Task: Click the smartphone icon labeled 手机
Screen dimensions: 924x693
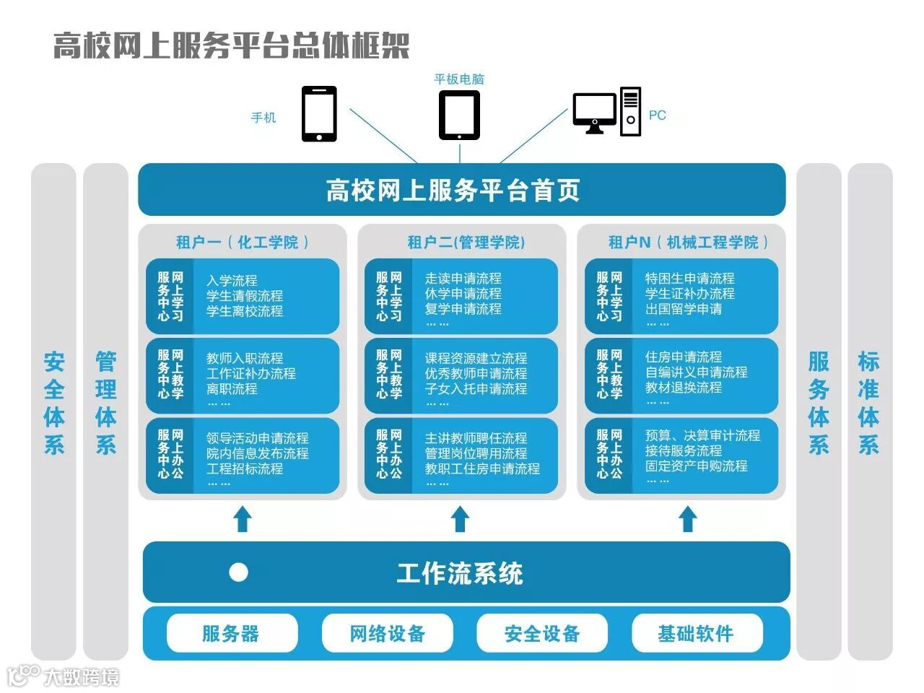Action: tap(318, 114)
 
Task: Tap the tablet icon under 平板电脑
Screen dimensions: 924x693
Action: tap(459, 115)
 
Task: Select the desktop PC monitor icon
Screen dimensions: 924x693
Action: tap(594, 111)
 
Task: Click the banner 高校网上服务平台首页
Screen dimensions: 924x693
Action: tap(461, 190)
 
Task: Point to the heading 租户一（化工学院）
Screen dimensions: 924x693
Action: tap(243, 242)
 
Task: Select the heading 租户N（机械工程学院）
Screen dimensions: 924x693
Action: tap(688, 242)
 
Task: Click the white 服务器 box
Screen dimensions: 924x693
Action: tap(232, 633)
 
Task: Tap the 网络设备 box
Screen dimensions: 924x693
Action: tap(387, 633)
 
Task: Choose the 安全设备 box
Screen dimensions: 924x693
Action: tap(542, 633)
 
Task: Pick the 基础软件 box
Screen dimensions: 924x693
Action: tap(696, 633)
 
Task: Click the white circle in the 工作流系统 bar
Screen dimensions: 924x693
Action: tap(238, 572)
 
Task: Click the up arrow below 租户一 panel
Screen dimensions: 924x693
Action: tap(243, 519)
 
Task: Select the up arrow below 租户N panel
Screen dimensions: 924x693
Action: tap(688, 519)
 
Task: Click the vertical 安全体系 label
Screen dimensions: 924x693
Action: tap(54, 403)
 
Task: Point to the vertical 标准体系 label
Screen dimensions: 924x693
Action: tap(869, 403)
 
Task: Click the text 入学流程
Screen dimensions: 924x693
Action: tap(232, 280)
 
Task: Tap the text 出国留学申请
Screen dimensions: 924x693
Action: tap(683, 309)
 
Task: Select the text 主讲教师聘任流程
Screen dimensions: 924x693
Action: tap(476, 438)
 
